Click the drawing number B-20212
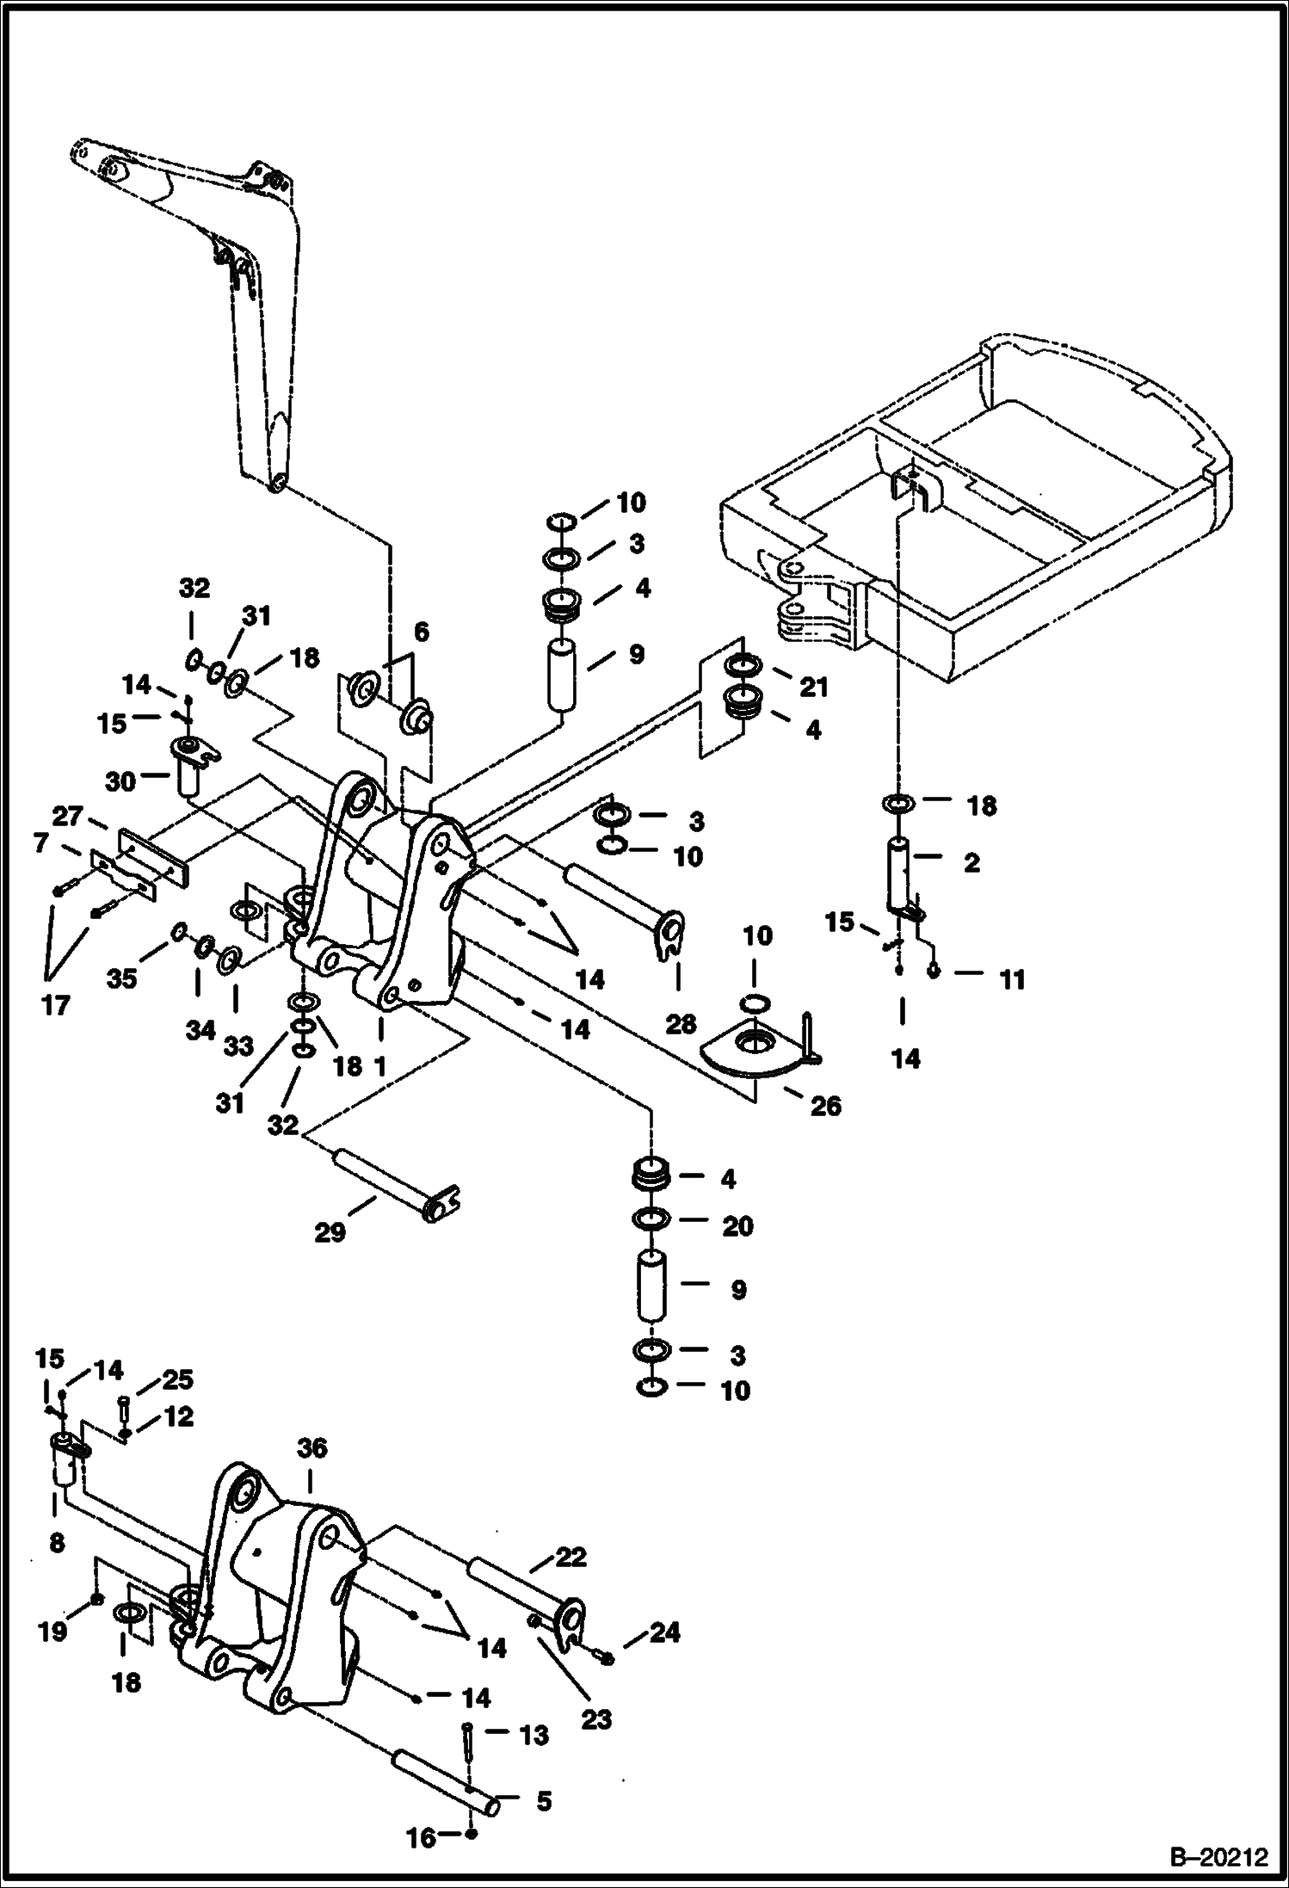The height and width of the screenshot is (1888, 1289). click(x=1219, y=1858)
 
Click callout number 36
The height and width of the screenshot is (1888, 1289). click(x=312, y=1449)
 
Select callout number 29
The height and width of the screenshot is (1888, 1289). click(x=330, y=1232)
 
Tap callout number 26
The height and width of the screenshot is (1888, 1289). click(x=825, y=1106)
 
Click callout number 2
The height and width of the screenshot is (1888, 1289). click(x=971, y=862)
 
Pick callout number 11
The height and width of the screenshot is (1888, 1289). click(x=1012, y=979)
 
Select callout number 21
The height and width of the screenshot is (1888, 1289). click(x=813, y=687)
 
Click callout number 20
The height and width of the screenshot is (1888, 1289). click(x=737, y=1226)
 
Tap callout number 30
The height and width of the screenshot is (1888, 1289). click(x=121, y=781)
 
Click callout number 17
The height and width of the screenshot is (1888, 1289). click(x=56, y=1005)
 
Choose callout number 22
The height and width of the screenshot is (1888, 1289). click(x=570, y=1557)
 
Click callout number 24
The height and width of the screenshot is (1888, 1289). click(x=663, y=1632)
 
